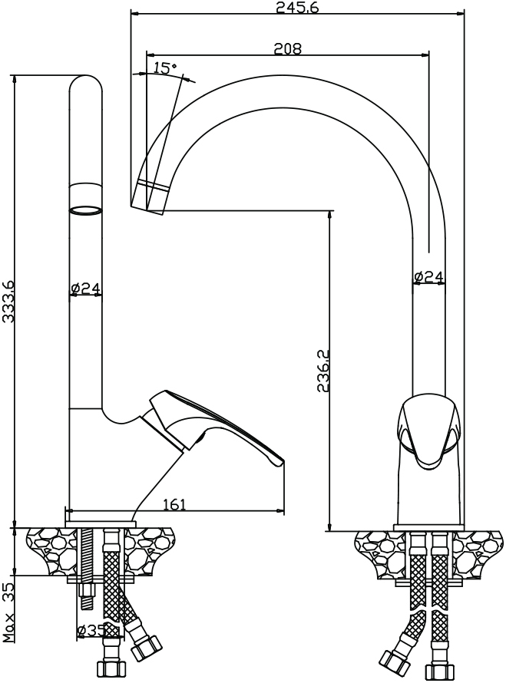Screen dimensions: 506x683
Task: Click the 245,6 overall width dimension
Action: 297,7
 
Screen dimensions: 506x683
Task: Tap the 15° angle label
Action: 165,68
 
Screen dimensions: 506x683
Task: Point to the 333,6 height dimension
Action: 8,301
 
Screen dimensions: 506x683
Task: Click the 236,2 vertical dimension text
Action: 323,371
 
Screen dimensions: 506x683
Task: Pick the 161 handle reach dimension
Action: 174,504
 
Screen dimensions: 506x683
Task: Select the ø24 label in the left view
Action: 85,288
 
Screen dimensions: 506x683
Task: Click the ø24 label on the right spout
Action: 429,276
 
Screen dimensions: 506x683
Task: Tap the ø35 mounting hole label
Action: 92,630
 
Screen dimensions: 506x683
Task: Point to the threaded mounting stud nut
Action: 88,590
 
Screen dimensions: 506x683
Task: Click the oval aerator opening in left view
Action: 86,210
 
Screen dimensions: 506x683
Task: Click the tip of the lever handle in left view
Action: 279,463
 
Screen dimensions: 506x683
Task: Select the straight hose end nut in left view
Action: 111,668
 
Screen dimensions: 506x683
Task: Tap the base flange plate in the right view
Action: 430,527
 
